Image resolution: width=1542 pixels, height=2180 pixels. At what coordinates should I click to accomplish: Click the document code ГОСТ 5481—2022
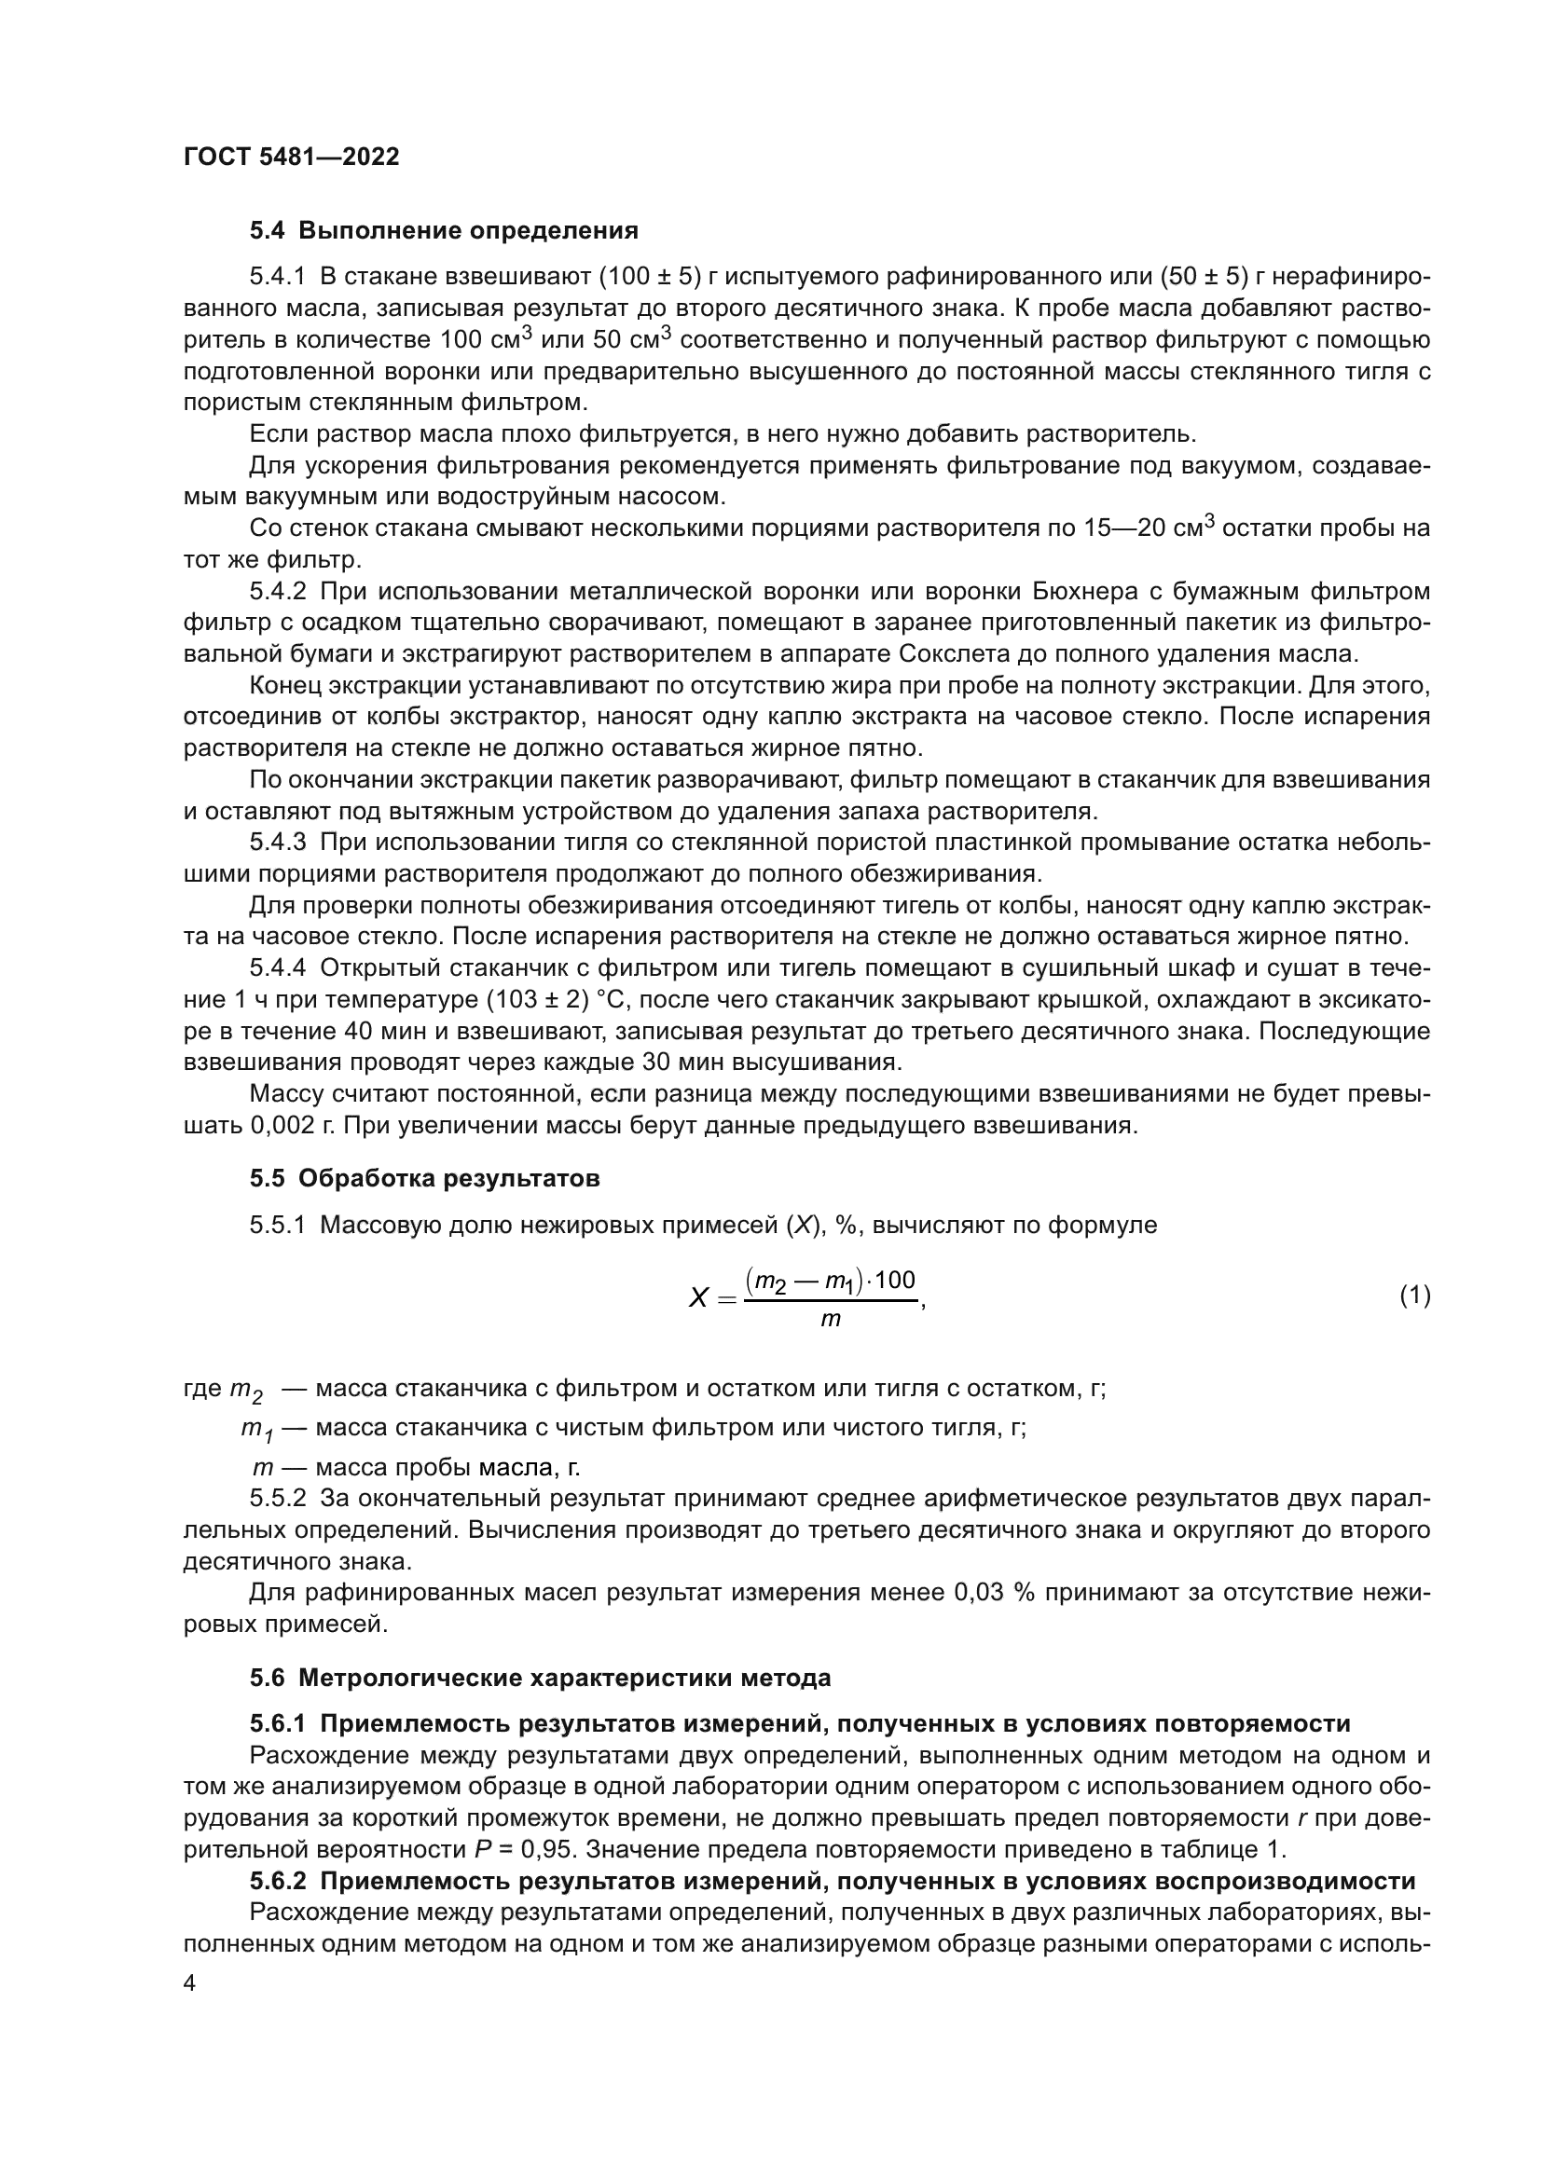(291, 158)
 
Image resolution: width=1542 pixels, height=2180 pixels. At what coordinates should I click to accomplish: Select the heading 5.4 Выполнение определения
(444, 231)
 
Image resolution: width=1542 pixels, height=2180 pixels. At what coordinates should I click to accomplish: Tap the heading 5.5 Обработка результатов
(424, 1178)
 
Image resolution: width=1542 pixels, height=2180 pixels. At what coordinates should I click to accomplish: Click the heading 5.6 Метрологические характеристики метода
(541, 1678)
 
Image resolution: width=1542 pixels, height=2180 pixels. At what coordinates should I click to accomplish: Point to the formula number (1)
(1414, 1296)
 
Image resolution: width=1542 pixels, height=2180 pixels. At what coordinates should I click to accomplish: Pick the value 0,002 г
(293, 1126)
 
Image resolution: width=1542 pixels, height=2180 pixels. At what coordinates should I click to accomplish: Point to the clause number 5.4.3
(277, 843)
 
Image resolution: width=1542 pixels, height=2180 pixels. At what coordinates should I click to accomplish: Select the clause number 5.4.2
(277, 592)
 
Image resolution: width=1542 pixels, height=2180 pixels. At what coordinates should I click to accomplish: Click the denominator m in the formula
(830, 1321)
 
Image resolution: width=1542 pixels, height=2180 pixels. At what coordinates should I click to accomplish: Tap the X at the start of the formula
(698, 1297)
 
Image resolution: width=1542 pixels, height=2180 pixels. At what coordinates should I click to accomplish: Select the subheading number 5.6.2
(277, 1881)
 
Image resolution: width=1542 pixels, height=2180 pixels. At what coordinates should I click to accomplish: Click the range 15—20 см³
(1149, 528)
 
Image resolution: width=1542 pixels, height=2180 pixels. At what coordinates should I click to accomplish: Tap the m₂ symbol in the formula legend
(245, 1390)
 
